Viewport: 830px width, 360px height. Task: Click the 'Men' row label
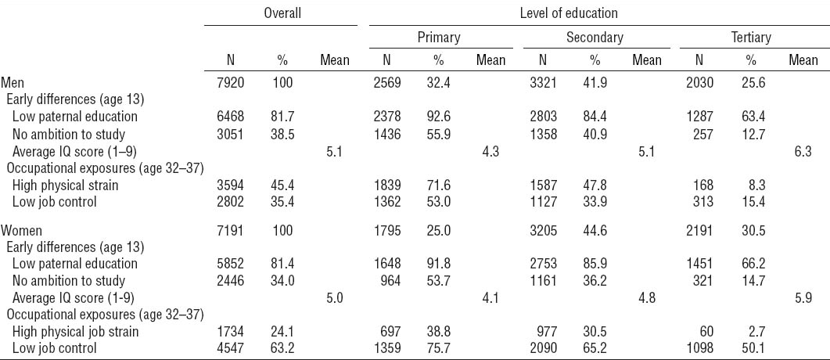(12, 82)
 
